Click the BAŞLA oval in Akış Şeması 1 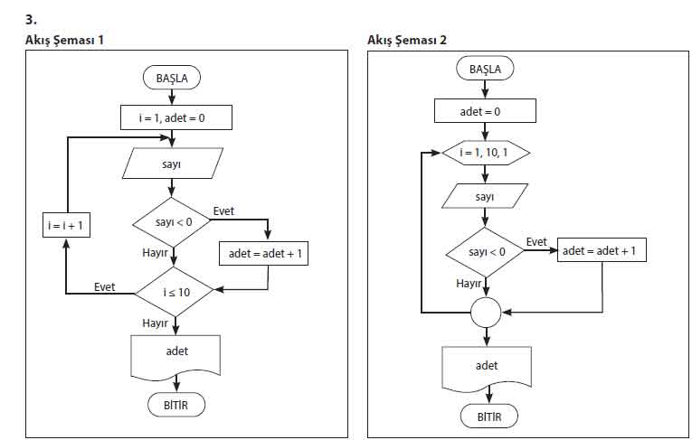[x=172, y=78]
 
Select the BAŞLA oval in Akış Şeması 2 [x=486, y=69]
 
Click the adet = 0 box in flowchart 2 [x=486, y=110]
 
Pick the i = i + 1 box [x=67, y=225]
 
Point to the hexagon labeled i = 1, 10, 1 [x=486, y=153]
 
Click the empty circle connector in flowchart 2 [x=486, y=313]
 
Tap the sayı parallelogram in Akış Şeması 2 [x=486, y=196]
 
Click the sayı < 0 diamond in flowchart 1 [x=171, y=221]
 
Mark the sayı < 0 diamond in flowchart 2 [x=486, y=251]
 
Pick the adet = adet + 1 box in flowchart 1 [x=263, y=254]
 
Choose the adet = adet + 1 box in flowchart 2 [x=602, y=250]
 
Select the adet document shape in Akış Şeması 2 [x=486, y=368]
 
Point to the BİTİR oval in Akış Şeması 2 [x=486, y=417]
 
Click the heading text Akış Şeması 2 [x=407, y=40]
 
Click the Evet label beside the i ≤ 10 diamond [x=105, y=286]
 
